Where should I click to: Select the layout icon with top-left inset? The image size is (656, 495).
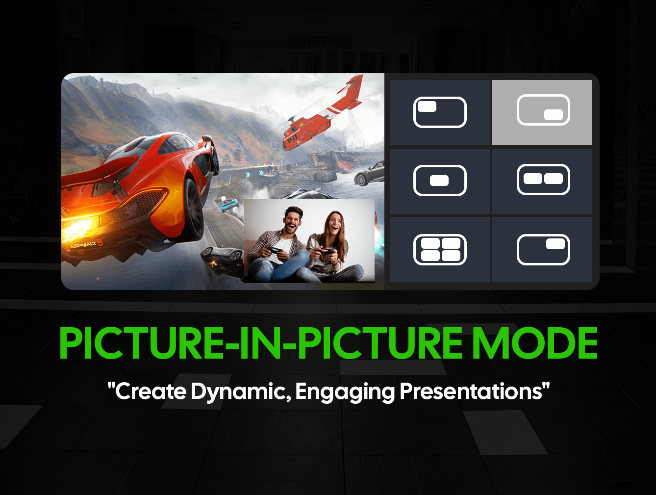pyautogui.click(x=440, y=112)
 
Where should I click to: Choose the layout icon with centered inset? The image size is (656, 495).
pyautogui.click(x=440, y=181)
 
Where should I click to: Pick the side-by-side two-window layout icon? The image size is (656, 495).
pyautogui.click(x=543, y=180)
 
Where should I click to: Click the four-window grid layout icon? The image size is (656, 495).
pyautogui.click(x=440, y=250)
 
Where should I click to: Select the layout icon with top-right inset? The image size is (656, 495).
pyautogui.click(x=543, y=250)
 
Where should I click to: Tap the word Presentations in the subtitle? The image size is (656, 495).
pyautogui.click(x=474, y=391)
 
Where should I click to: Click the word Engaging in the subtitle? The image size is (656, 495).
pyautogui.click(x=345, y=391)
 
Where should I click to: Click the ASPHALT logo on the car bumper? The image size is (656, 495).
pyautogui.click(x=86, y=244)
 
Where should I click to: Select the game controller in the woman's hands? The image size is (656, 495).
pyautogui.click(x=326, y=252)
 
